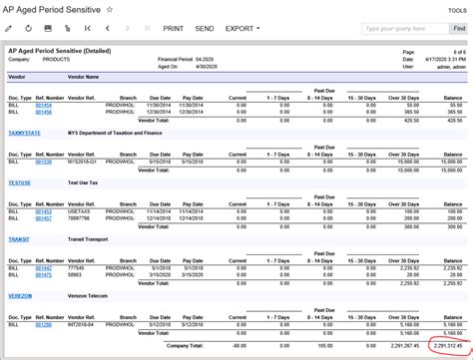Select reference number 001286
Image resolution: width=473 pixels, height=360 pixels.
coord(43,325)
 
